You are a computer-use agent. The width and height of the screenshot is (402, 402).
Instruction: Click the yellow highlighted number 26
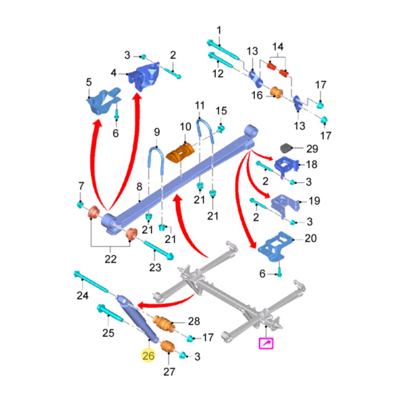148,356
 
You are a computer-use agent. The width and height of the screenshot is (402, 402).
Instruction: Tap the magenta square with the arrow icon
266,343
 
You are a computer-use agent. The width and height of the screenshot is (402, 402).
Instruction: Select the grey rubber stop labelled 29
287,148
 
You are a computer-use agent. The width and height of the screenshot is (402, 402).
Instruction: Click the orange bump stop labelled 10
181,153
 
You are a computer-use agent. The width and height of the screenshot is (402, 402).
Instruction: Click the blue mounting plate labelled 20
276,246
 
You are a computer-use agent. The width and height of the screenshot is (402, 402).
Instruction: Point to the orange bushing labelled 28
164,322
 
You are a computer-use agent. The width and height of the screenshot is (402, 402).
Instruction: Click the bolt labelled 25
110,314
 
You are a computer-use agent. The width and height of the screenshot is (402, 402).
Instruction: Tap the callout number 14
278,47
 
